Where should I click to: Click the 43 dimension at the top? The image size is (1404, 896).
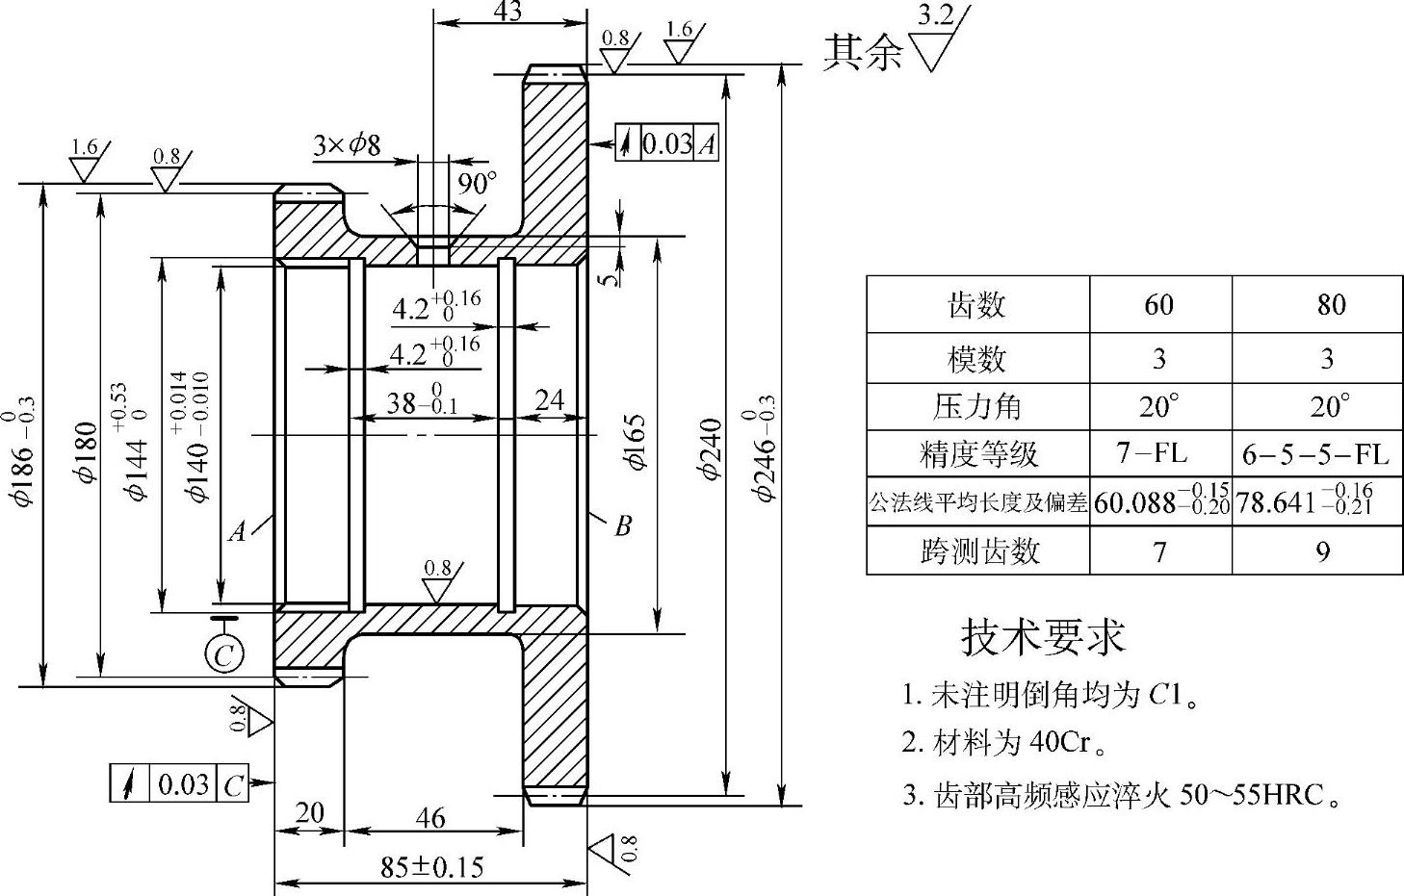(507, 12)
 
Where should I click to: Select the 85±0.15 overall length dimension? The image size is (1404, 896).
(432, 866)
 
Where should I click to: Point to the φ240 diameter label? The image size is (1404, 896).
(710, 448)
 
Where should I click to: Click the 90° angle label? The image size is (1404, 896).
(476, 183)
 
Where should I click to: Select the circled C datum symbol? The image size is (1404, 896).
(224, 654)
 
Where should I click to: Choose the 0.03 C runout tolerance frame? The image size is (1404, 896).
(179, 784)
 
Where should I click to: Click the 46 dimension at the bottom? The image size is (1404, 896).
(429, 818)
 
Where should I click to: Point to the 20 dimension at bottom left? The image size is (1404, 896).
(308, 813)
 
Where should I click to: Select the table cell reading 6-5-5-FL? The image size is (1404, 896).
(1316, 453)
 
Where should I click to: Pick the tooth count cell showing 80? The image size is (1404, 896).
(1331, 305)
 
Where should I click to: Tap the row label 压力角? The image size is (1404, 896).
(976, 406)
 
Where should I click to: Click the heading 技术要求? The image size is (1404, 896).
(1044, 636)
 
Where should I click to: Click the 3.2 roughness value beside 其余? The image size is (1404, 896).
(936, 14)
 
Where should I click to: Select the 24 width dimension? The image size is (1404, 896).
(549, 399)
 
